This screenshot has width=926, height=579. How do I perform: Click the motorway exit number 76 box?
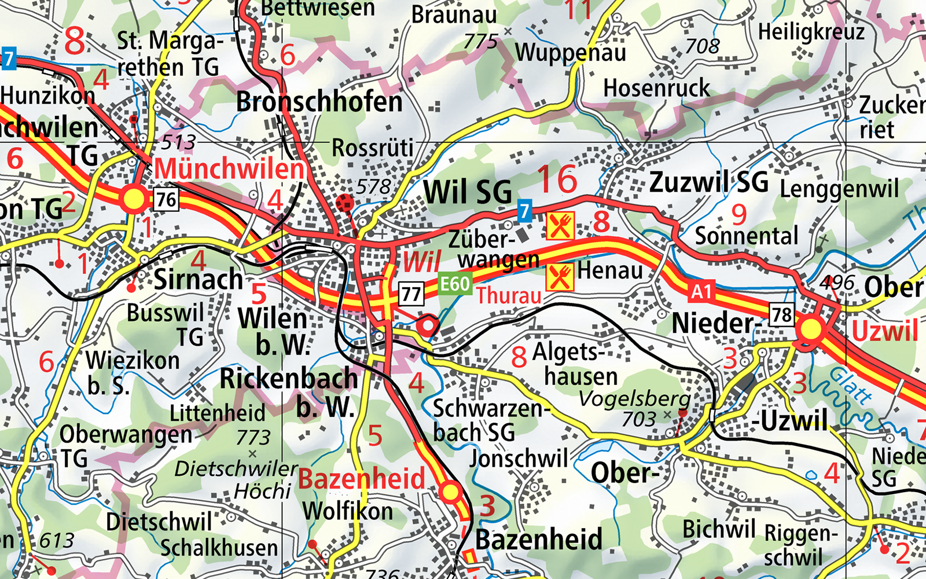166,200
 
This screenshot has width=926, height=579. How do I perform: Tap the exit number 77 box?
411,294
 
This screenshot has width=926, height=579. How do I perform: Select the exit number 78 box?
781,315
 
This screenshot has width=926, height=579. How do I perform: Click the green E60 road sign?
455,284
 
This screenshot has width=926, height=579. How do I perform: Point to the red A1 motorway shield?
701,291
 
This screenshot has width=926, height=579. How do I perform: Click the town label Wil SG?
468,192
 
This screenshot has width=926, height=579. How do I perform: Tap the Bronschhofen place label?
319,102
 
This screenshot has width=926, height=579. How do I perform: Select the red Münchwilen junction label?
229,169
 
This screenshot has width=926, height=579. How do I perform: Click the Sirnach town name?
198,280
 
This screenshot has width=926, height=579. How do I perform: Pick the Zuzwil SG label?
709,182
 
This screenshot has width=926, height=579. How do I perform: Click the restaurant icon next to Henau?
560,277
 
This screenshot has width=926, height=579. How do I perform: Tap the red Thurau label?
509,296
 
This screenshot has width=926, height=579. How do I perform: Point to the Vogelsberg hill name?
634,399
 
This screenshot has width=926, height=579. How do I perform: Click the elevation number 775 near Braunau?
480,42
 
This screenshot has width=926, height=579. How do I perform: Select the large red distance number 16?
557,179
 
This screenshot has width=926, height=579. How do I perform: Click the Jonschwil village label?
519,459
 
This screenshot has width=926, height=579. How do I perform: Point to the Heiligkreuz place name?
811,32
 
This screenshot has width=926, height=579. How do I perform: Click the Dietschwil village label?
159,522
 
